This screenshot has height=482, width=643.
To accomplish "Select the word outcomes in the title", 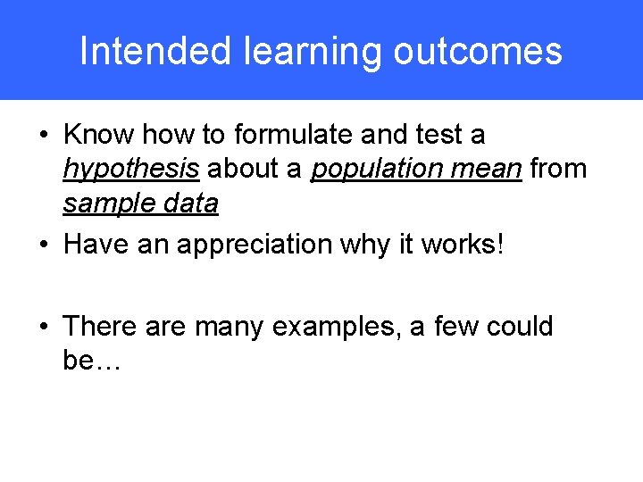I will coord(478,51).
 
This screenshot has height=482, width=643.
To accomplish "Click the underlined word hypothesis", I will coord(131,170).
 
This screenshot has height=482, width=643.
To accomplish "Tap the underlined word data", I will coord(191,204).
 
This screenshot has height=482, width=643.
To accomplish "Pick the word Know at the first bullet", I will coord(98,135).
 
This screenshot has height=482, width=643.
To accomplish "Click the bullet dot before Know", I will coord(44,136).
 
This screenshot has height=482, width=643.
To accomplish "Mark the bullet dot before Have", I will coord(44,245).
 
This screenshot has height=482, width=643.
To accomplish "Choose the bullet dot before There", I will coord(44,327).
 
